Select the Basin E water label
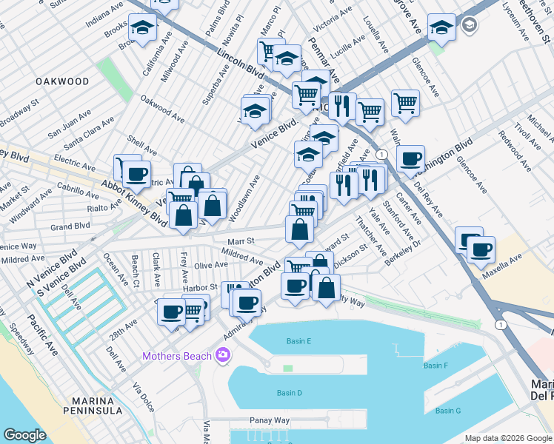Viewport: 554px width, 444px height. pyautogui.click(x=298, y=341)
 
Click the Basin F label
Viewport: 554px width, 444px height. pyautogui.click(x=435, y=366)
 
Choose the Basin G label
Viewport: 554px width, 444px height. pyautogui.click(x=448, y=411)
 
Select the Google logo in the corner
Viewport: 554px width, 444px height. pyautogui.click(x=24, y=435)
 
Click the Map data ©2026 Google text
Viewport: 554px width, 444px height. pyautogui.click(x=507, y=438)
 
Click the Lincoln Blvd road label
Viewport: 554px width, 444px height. pyautogui.click(x=241, y=64)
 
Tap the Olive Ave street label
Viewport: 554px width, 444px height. pyautogui.click(x=210, y=265)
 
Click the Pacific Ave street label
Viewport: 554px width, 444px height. pyautogui.click(x=41, y=332)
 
